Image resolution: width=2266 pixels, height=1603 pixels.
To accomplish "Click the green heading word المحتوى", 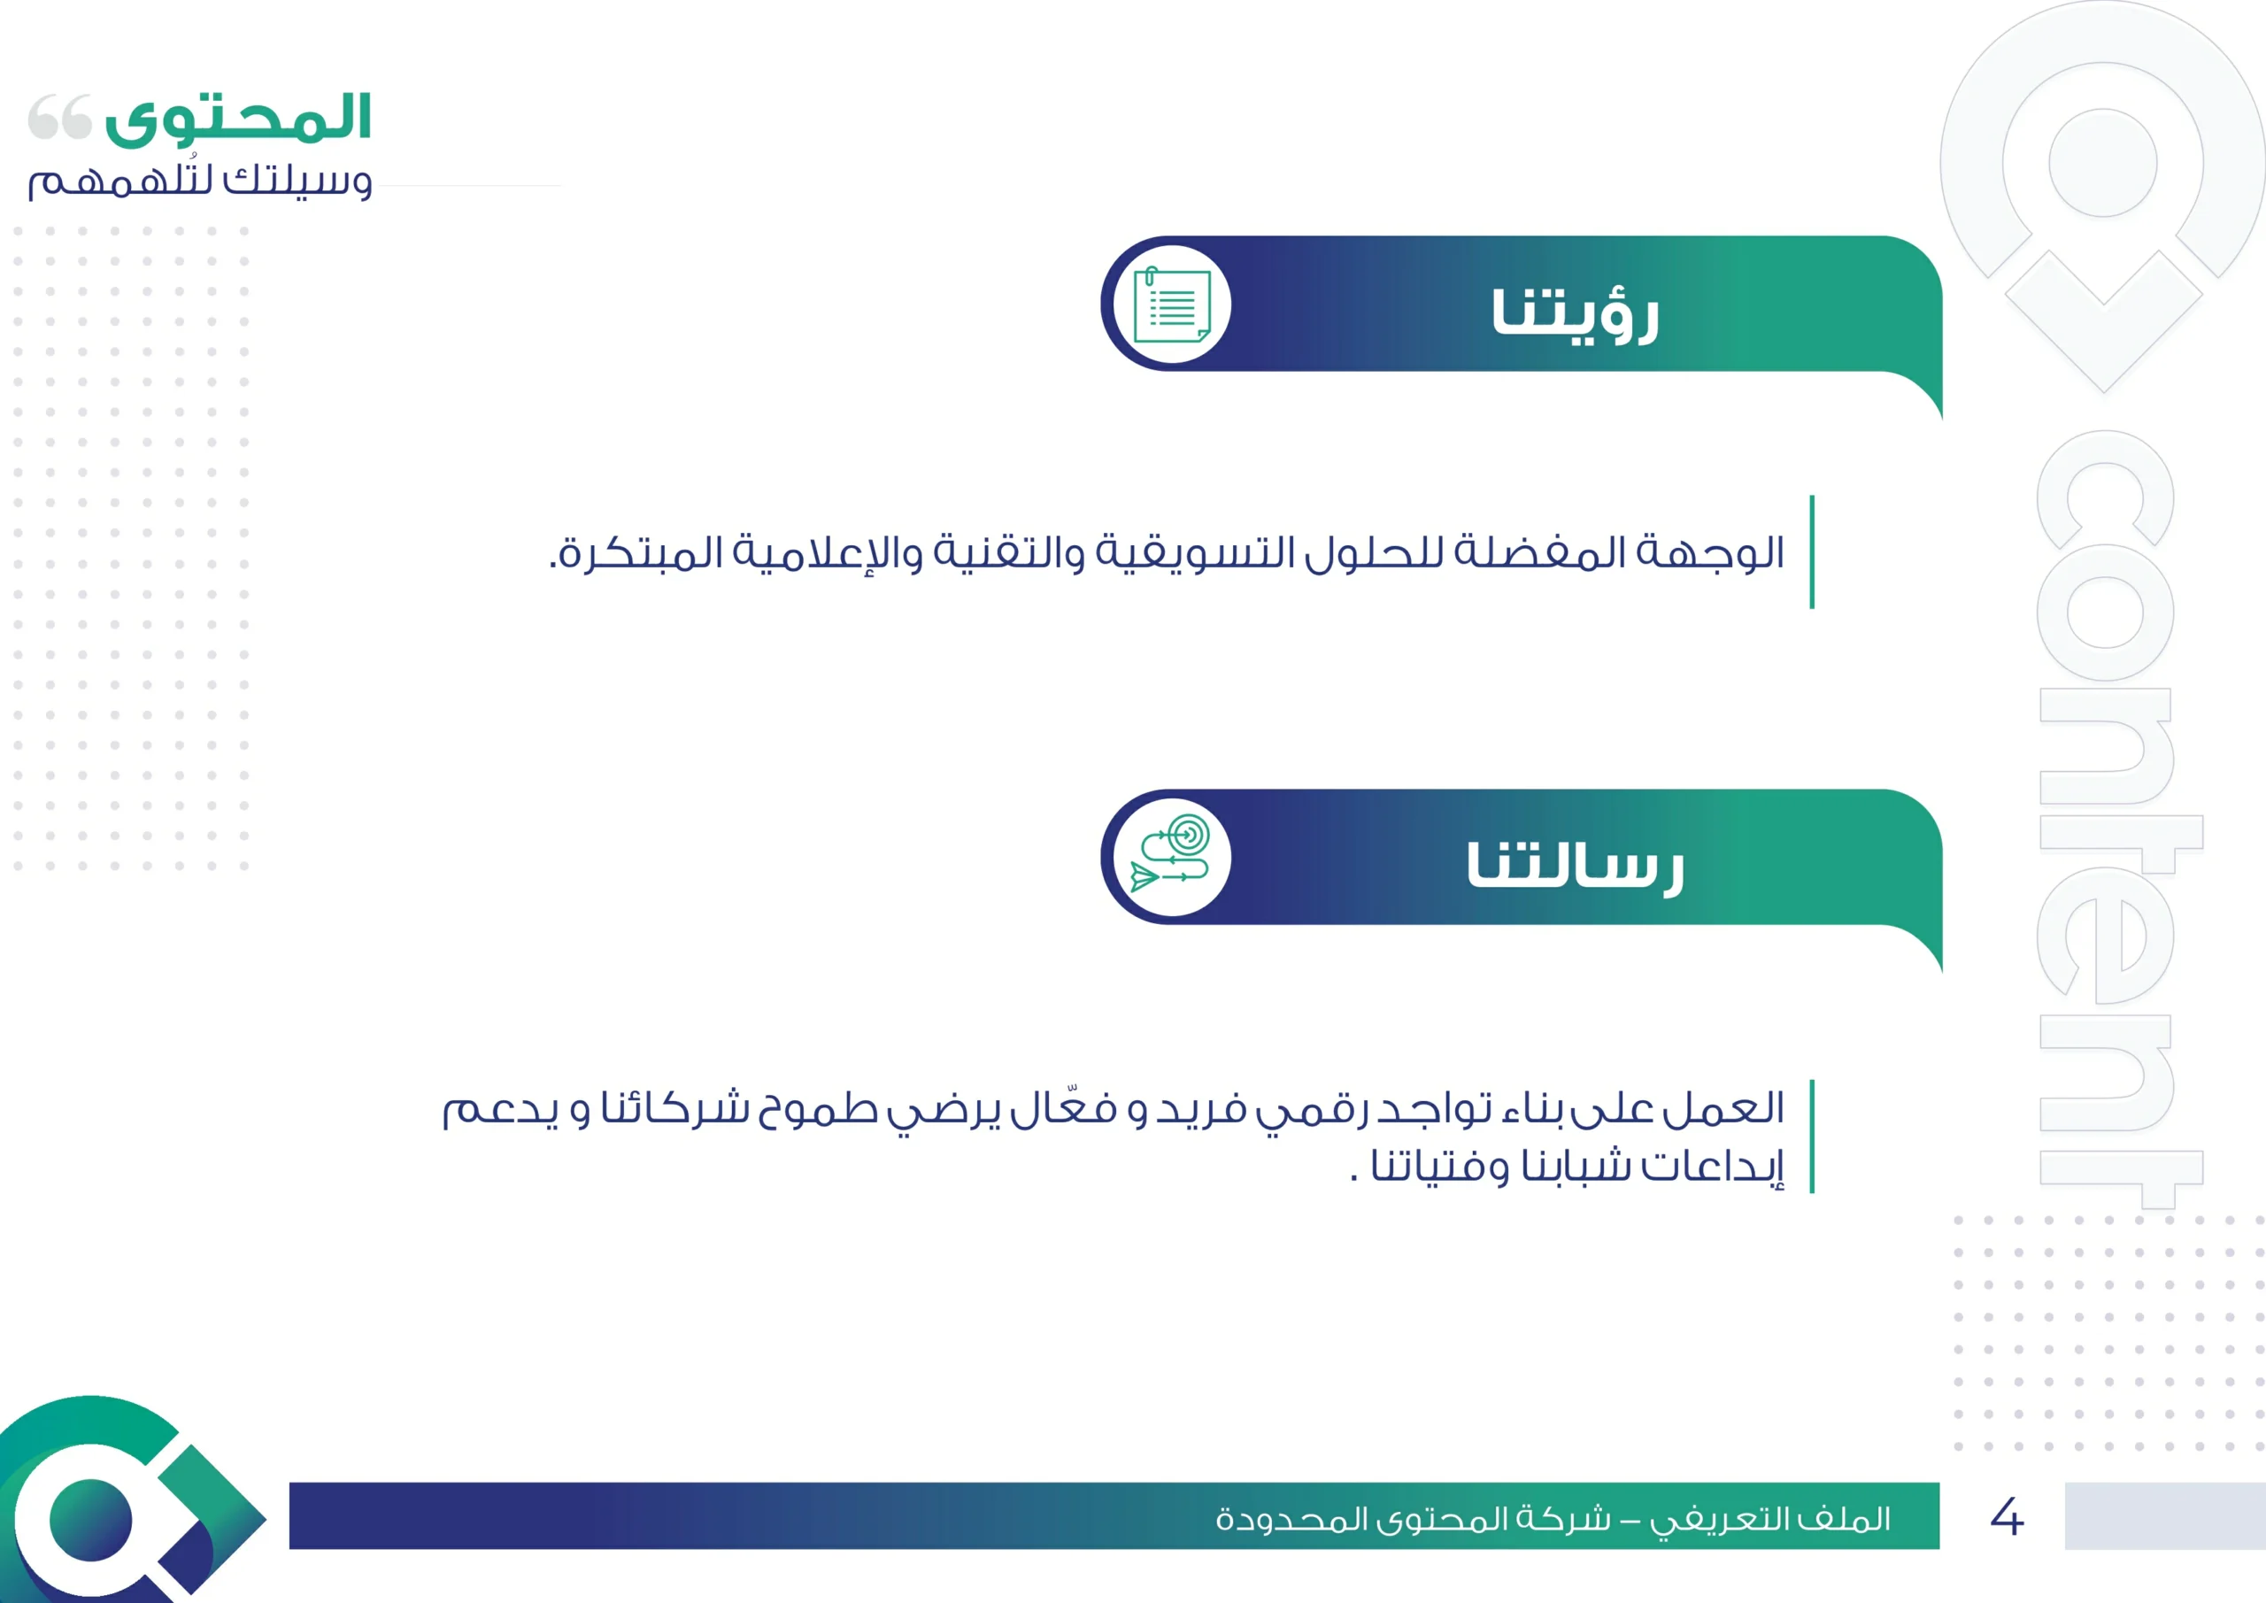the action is pos(238,119).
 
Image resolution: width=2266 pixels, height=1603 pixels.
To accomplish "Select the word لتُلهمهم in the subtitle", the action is pos(120,180).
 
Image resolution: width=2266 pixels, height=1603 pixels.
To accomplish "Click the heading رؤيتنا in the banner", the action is pos(1576,315).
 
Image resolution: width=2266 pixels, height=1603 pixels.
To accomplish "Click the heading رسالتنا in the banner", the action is pos(1576,867).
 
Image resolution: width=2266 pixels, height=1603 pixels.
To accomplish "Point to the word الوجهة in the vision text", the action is pos(1710,551).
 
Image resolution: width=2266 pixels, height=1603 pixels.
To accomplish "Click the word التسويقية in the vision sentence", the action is pos(1190,551).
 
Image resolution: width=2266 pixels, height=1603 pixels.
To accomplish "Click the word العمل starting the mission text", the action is pos(1723,1108).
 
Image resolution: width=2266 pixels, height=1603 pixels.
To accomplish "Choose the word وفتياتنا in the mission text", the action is pos(1440,1166).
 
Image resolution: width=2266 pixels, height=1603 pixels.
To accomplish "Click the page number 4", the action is pos(2007,1516).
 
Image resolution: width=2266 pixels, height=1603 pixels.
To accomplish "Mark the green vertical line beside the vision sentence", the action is pos(1812,551).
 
